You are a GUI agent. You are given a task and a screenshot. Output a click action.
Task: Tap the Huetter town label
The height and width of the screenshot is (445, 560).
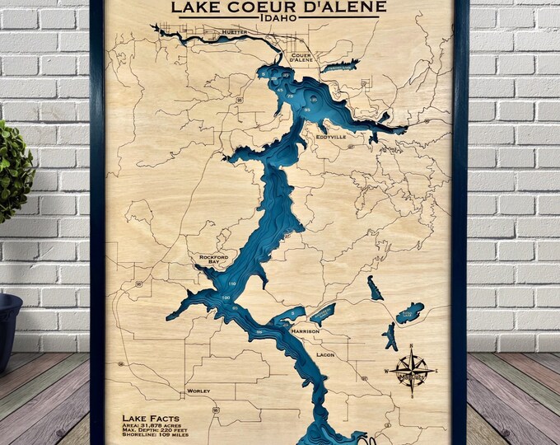click(235, 32)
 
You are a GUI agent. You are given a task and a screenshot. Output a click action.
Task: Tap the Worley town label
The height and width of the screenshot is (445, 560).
click(198, 390)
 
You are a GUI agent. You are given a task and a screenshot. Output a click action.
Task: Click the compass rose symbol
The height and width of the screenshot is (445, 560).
click(409, 367)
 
